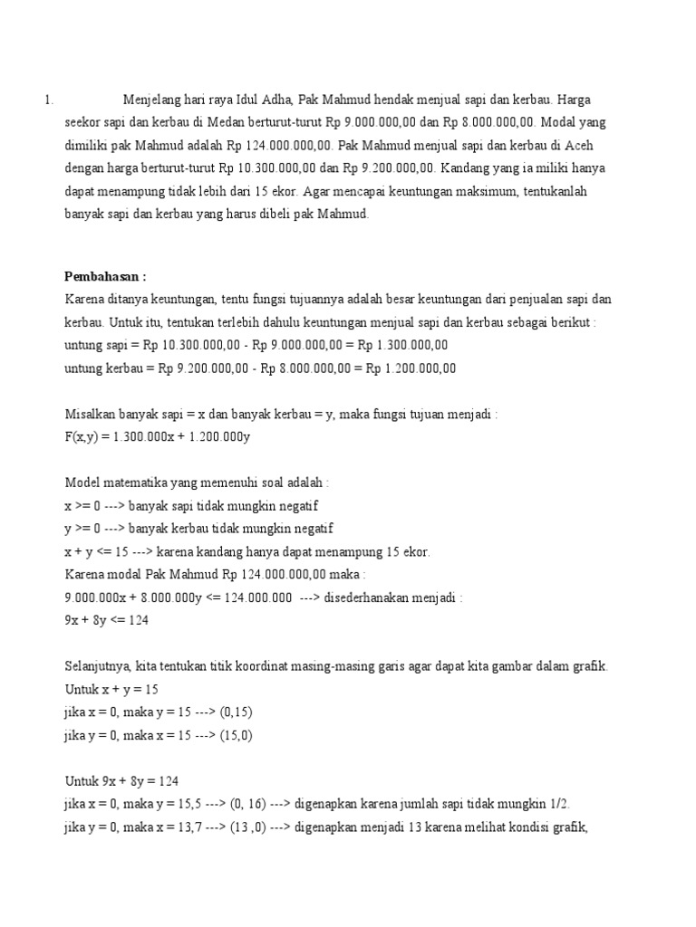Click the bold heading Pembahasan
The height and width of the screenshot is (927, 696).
105,276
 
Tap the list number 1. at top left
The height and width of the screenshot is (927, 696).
49,100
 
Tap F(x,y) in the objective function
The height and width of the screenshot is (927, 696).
83,436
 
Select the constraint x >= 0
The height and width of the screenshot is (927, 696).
83,505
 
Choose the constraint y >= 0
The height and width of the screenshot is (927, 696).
83,528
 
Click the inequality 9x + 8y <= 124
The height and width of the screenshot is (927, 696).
107,620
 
